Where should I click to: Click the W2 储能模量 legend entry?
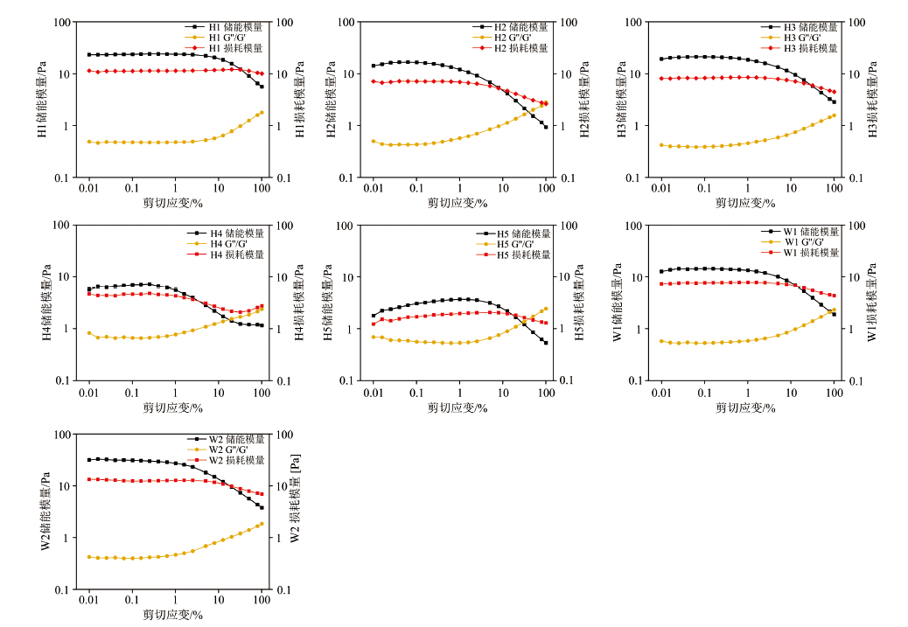[x=234, y=439]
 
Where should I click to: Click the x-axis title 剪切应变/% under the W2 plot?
[x=173, y=615]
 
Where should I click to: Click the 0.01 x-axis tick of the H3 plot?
[x=660, y=188]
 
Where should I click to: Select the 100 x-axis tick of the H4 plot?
[x=262, y=393]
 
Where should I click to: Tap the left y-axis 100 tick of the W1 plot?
[x=636, y=226]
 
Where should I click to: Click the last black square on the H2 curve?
[x=546, y=127]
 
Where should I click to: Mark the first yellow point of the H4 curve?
[x=89, y=333]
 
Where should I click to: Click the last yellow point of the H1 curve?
[x=262, y=112]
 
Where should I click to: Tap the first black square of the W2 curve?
[x=89, y=460]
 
